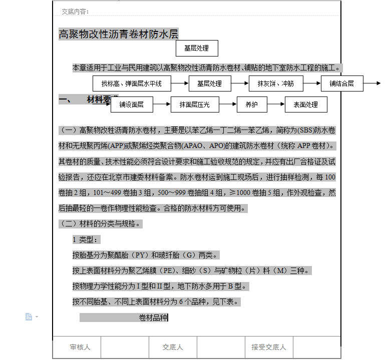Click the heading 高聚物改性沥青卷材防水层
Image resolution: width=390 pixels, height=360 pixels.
[119, 34]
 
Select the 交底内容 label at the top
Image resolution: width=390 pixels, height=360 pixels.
[75, 11]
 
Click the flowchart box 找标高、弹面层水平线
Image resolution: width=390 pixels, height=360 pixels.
[132, 83]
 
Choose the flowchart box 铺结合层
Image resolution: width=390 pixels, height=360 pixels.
[341, 83]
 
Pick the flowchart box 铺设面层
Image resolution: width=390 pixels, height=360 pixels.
[131, 104]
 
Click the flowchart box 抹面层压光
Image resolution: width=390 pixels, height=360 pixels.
[195, 104]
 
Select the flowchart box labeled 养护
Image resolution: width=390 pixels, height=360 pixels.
[251, 104]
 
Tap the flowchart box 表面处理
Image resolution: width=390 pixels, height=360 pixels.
[305, 104]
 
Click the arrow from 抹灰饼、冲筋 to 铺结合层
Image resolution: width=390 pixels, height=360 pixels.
[312, 83]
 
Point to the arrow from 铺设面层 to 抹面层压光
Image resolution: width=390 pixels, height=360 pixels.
[161, 104]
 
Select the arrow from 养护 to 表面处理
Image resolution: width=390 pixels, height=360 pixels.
[276, 104]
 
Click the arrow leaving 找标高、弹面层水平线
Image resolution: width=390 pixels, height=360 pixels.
[180, 83]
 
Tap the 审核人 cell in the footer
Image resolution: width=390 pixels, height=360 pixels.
[80, 347]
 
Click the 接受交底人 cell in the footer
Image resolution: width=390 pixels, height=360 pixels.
[268, 347]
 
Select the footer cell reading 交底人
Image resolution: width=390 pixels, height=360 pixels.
[173, 347]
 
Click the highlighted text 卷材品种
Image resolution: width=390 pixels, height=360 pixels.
[153, 317]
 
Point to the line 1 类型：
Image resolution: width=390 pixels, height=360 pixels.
[86, 239]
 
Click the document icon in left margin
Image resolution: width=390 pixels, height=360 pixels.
[29, 316]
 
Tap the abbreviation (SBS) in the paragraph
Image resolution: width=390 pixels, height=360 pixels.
[305, 131]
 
